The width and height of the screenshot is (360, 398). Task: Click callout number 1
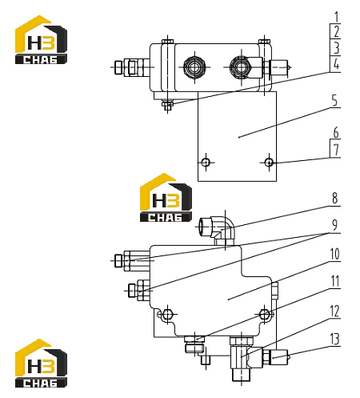[337, 17]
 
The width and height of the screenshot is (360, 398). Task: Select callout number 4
[337, 64]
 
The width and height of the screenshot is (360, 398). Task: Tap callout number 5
[334, 101]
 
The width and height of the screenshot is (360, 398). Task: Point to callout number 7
[336, 150]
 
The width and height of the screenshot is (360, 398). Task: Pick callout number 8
[334, 198]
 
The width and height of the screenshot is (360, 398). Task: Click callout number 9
[334, 225]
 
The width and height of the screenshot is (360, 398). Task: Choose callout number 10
[334, 254]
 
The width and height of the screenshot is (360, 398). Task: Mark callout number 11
[334, 281]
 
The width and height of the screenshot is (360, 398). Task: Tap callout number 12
[334, 312]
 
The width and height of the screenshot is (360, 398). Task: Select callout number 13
[334, 339]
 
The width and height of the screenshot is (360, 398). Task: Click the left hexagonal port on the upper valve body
[194, 67]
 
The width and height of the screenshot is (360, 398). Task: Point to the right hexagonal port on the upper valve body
[241, 67]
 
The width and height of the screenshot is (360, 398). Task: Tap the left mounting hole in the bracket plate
[206, 162]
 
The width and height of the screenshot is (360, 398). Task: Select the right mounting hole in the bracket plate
[269, 162]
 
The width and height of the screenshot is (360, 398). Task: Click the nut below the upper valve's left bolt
[167, 105]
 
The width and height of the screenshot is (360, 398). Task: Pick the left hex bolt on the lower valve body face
[167, 314]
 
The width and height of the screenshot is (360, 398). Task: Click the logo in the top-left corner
[41, 39]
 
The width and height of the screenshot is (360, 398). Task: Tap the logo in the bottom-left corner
[41, 363]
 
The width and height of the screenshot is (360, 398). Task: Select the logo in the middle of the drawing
[166, 198]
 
